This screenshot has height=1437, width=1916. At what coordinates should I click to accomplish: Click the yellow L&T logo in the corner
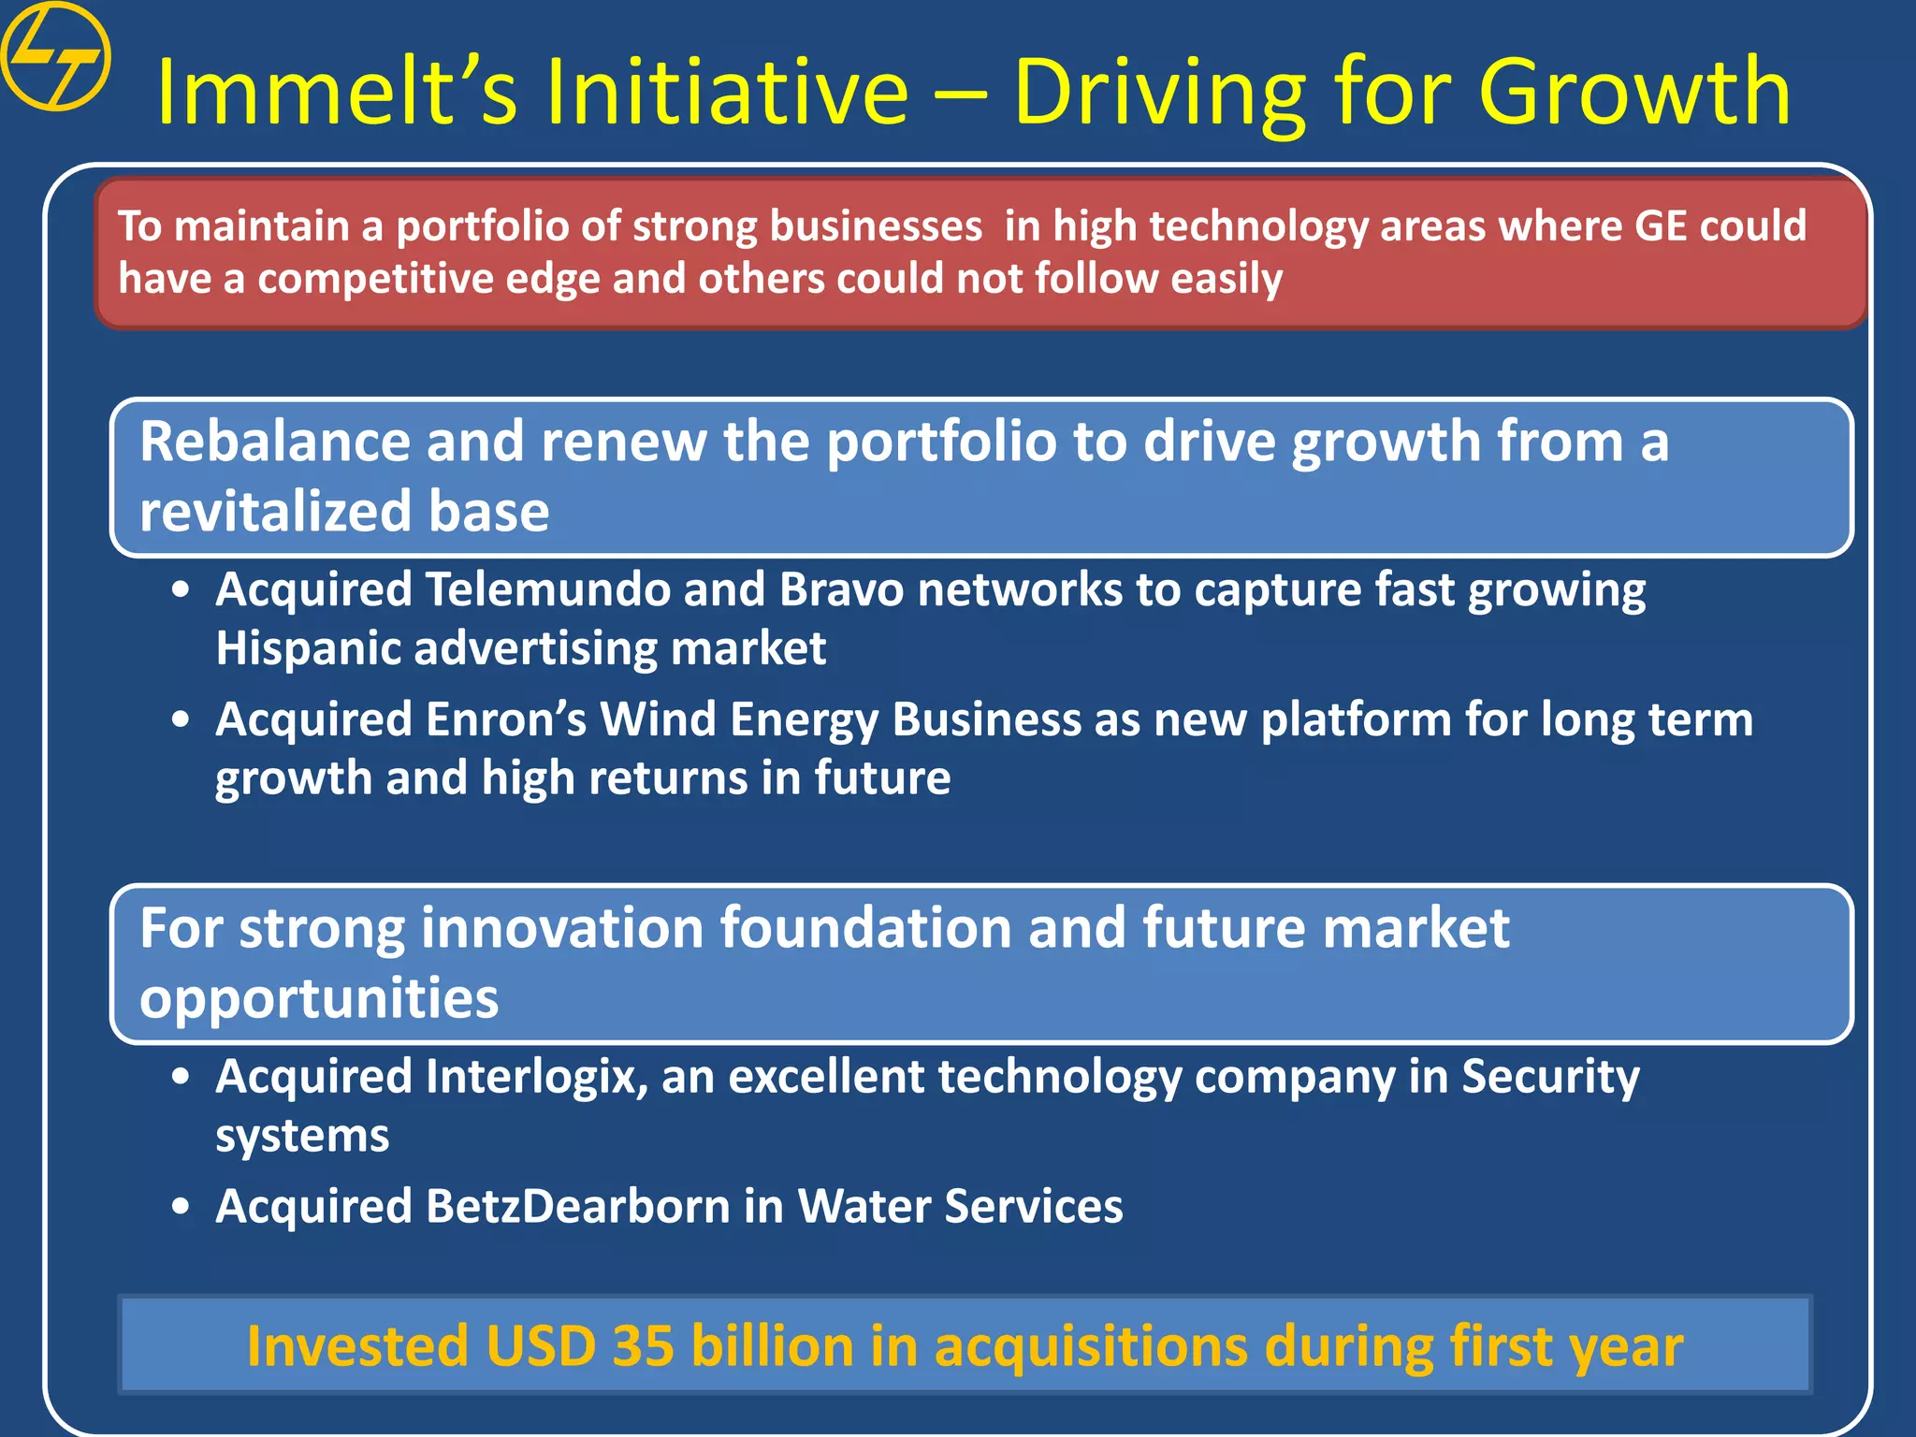pyautogui.click(x=56, y=56)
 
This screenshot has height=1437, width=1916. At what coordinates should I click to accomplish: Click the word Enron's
pyautogui.click(x=505, y=719)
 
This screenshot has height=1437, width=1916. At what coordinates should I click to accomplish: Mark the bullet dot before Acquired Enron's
pyautogui.click(x=181, y=719)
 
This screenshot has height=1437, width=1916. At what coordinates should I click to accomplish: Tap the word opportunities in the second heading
pyautogui.click(x=318, y=998)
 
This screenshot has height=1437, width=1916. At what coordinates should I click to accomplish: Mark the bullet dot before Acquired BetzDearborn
pyautogui.click(x=181, y=1206)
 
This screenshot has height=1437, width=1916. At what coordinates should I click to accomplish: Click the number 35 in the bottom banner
pyautogui.click(x=643, y=1346)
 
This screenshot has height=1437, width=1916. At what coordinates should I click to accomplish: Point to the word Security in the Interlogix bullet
pyautogui.click(x=1550, y=1077)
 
